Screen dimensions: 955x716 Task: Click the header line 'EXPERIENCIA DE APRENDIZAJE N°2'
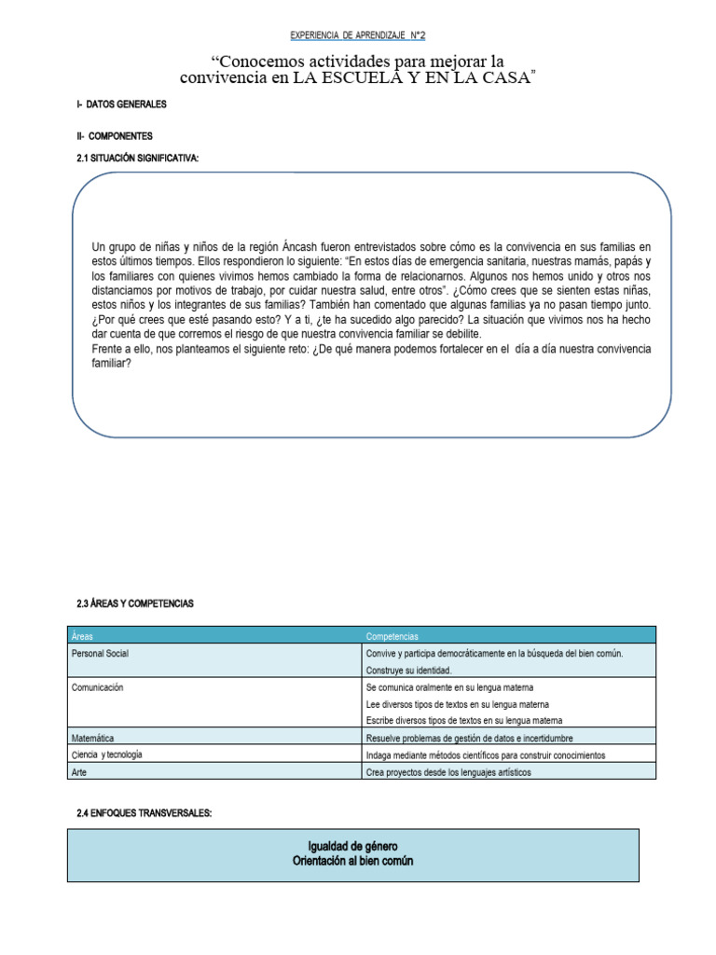point(358,35)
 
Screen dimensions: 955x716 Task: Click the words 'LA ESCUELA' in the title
point(346,79)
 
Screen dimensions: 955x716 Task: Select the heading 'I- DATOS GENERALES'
point(122,105)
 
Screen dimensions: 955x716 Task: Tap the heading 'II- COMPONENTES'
point(115,135)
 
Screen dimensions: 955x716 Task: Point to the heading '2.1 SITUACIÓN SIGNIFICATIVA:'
point(138,159)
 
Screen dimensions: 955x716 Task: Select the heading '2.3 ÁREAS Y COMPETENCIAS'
point(134,604)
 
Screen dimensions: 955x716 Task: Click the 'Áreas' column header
point(83,635)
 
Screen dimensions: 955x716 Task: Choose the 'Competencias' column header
point(392,635)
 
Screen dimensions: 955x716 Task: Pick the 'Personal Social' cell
point(100,654)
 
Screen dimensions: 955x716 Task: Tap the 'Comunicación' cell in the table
point(98,687)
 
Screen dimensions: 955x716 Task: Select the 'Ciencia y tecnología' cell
point(107,754)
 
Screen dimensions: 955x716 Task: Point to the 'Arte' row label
point(80,772)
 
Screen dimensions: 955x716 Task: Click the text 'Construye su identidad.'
point(408,671)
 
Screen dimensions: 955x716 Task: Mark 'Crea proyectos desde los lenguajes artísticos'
point(448,772)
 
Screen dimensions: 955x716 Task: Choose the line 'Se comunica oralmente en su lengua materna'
point(450,687)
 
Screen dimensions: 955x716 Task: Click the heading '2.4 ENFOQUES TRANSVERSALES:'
point(145,814)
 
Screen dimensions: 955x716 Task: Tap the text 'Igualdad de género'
point(353,846)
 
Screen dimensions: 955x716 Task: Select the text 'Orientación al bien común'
point(353,861)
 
